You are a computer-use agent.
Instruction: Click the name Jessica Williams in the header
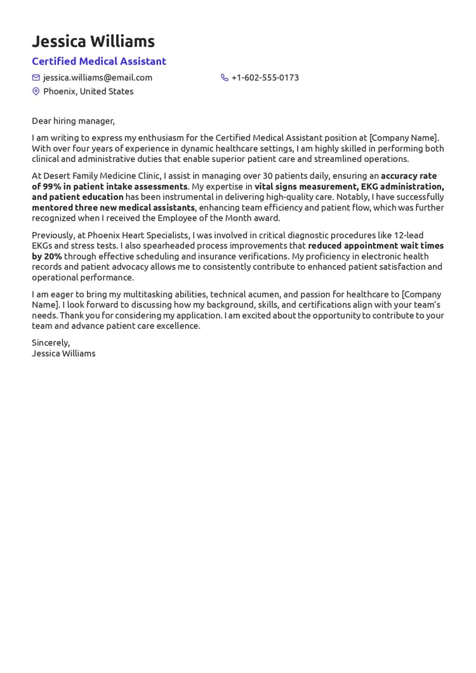pos(93,42)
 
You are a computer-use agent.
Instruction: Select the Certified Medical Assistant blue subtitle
pos(99,62)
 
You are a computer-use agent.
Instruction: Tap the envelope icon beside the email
pos(36,77)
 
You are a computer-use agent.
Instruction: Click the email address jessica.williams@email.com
pos(98,77)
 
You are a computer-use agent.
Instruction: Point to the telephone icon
pos(225,77)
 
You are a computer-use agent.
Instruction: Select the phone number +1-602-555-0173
pos(265,77)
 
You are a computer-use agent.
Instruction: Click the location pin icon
pos(36,91)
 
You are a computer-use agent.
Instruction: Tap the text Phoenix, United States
pos(88,91)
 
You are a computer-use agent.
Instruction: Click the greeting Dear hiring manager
pos(73,121)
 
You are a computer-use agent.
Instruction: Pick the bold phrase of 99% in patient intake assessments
pos(110,187)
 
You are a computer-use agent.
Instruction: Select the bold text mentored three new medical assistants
pos(113,208)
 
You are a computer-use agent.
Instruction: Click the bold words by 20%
pos(47,257)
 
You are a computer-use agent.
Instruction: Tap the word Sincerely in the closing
pos(51,343)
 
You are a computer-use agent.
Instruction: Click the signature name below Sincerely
pos(63,354)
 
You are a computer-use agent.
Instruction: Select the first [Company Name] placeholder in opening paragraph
pos(404,138)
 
